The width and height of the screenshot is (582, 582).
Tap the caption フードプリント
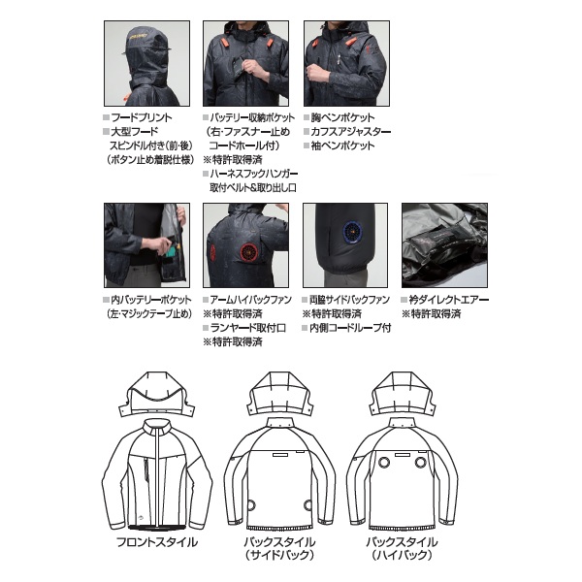(x=142, y=117)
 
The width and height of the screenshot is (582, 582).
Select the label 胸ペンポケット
(x=342, y=117)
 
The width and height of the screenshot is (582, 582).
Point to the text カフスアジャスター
(x=351, y=132)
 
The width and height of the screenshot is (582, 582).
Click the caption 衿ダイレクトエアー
(x=449, y=300)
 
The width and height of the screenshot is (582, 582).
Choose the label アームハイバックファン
(x=251, y=300)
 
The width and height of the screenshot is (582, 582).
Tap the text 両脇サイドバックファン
(x=349, y=300)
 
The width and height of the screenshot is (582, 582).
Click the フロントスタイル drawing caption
(x=157, y=542)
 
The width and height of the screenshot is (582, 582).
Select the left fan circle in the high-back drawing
(x=384, y=463)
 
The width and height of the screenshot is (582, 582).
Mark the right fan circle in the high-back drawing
(x=420, y=463)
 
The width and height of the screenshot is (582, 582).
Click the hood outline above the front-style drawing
(x=156, y=394)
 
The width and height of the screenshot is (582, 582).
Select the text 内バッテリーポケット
(x=151, y=300)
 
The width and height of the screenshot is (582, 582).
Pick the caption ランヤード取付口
(x=248, y=328)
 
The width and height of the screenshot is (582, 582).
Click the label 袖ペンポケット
(x=342, y=145)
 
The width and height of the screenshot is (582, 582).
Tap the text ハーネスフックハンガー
(x=254, y=174)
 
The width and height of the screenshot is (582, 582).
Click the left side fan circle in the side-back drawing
(x=250, y=505)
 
